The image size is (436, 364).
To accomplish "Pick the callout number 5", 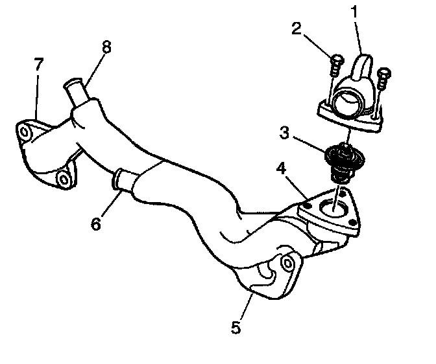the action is (x=236, y=328).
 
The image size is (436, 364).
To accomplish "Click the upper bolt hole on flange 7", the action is (x=25, y=133).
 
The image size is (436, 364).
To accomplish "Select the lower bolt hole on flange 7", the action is (x=63, y=178).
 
